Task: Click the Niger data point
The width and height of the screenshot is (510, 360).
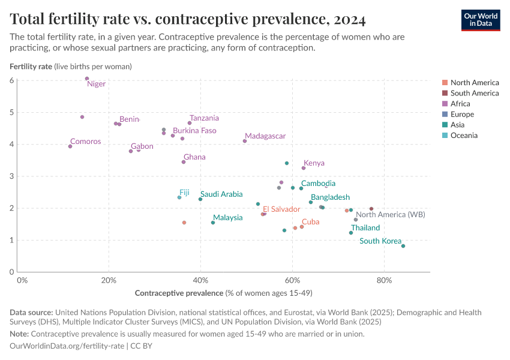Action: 87,79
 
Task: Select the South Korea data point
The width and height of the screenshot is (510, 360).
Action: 403,246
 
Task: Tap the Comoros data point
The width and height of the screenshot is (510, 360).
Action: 70,146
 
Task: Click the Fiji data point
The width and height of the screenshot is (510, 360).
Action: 179,197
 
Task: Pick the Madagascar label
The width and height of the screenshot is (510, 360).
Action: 265,136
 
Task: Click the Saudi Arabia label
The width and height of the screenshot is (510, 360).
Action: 221,194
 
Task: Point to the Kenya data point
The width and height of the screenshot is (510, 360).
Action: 304,168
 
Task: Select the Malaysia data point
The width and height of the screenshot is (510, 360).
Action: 213,223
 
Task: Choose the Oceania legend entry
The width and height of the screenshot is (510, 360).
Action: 464,136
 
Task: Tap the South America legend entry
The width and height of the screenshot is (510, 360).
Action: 474,93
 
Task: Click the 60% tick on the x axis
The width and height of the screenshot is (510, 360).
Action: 292,280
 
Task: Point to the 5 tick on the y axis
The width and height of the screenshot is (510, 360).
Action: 12,112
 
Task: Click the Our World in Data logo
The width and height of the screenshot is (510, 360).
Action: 481,19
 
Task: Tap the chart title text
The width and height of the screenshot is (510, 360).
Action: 188,19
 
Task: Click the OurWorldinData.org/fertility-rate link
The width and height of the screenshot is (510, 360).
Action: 67,346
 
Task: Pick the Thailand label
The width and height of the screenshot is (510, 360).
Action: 365,228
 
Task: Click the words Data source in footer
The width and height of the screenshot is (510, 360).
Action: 31,313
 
